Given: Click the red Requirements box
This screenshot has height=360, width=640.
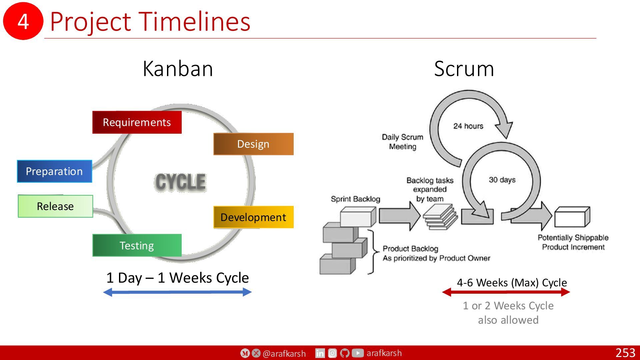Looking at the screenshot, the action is pyautogui.click(x=137, y=122).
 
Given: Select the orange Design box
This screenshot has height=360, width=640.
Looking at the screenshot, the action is pyautogui.click(x=253, y=144).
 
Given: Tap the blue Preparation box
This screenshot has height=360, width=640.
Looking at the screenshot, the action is pyautogui.click(x=55, y=171).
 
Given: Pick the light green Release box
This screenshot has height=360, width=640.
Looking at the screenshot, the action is pyautogui.click(x=55, y=206).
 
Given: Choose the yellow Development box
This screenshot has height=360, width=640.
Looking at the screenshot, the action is pyautogui.click(x=253, y=217).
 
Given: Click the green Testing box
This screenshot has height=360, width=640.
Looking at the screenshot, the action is pyautogui.click(x=137, y=245).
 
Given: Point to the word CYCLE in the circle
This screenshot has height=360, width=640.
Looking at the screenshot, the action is pyautogui.click(x=180, y=182).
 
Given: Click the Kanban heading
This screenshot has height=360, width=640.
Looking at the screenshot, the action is pyautogui.click(x=178, y=69).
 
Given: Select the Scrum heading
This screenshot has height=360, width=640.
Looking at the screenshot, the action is pyautogui.click(x=464, y=69).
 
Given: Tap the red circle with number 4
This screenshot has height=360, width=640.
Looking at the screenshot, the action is pyautogui.click(x=23, y=21).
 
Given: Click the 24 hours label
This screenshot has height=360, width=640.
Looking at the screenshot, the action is pyautogui.click(x=468, y=126).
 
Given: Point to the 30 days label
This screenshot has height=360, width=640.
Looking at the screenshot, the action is pyautogui.click(x=502, y=180).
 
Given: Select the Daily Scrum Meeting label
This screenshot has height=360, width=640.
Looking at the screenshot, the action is pyautogui.click(x=403, y=142).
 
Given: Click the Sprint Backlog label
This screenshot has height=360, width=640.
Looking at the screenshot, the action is pyautogui.click(x=355, y=199).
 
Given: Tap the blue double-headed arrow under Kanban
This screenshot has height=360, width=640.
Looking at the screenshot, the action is pyautogui.click(x=177, y=292).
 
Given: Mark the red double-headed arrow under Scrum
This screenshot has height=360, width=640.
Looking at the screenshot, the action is pyautogui.click(x=506, y=292).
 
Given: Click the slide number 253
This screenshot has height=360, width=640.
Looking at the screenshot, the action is pyautogui.click(x=625, y=353).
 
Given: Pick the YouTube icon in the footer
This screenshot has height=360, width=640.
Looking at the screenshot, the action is pyautogui.click(x=358, y=353).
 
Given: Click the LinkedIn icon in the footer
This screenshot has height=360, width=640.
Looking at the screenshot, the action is pyautogui.click(x=320, y=353).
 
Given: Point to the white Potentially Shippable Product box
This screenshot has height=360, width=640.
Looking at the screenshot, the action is pyautogui.click(x=572, y=217).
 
